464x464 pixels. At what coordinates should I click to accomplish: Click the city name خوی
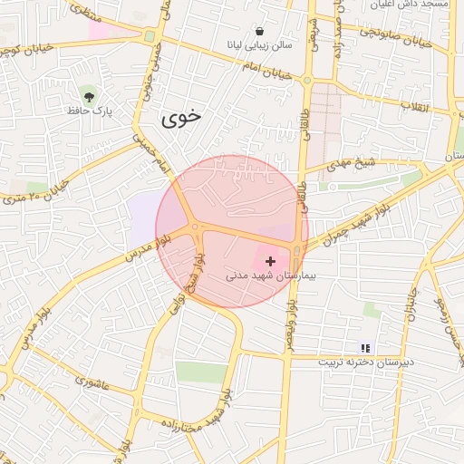[183, 118]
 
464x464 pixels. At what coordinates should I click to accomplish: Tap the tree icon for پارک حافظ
[88, 95]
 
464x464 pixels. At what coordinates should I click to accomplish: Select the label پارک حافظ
[88, 111]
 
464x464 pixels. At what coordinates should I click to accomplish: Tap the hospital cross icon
[270, 261]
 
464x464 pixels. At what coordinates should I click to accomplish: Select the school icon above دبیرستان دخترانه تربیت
[365, 347]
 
